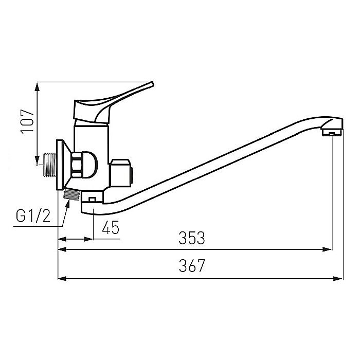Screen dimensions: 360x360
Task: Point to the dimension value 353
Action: (192, 238)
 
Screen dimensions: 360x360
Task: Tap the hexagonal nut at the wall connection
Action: (78, 165)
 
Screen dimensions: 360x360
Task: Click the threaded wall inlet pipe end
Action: (49, 165)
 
